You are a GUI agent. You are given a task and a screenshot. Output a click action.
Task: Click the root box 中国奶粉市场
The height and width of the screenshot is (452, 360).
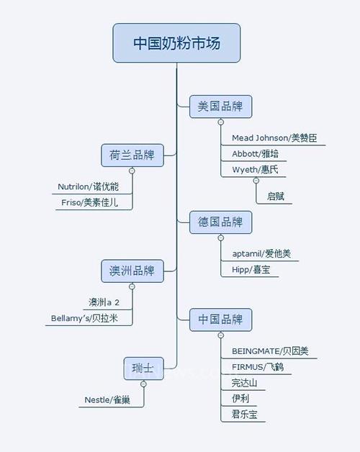pos(176,43)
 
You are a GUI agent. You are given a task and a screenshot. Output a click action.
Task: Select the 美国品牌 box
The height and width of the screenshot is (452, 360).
pos(220,107)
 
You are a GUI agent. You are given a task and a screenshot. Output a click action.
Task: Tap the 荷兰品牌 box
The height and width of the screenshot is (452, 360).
pos(132,155)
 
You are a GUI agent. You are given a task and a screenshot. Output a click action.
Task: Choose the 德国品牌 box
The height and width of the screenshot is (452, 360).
pos(220,222)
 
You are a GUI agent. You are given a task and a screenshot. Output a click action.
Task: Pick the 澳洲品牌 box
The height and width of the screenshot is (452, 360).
pos(132,271)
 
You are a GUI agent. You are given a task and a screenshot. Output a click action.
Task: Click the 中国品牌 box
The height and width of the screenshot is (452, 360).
pos(220,320)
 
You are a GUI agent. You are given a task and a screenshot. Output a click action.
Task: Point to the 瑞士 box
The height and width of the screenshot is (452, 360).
pos(144,369)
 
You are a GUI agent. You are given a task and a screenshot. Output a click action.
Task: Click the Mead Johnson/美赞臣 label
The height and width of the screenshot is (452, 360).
pos(274,138)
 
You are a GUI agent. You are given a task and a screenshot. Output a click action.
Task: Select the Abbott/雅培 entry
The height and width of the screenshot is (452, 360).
pos(256,153)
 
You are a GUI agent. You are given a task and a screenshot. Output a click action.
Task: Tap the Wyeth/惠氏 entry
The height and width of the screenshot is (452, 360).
pos(255,170)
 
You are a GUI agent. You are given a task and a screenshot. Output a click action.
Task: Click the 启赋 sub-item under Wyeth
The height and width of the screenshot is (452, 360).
pos(276,196)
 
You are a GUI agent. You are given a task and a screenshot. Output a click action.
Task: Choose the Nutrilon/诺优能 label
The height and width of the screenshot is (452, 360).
pos(88,186)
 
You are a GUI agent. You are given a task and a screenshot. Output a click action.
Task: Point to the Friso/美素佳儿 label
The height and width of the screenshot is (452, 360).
pos(89,202)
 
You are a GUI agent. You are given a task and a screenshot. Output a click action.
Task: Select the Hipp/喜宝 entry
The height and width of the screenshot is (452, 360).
pos(251,269)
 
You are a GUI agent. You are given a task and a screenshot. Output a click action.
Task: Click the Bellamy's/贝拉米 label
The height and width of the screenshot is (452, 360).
pos(84,318)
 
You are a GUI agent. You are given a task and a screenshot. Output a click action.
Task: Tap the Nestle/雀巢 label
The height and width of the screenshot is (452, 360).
pos(107,400)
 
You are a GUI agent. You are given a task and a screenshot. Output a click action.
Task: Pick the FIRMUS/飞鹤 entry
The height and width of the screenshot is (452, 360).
pos(258,367)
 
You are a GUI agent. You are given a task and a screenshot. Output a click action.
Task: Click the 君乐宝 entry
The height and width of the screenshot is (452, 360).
pos(244,415)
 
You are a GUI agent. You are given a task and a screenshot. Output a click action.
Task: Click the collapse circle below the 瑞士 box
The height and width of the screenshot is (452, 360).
pos(143,384)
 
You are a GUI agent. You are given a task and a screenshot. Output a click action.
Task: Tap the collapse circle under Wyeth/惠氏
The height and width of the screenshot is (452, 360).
pos(256,181)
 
